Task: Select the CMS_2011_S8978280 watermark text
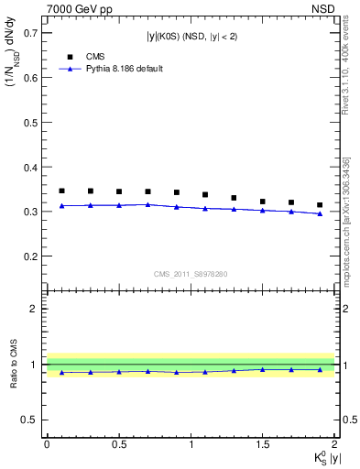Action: pos(191,274)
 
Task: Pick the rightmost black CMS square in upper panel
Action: pos(320,205)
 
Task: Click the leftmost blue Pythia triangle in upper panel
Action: pos(61,206)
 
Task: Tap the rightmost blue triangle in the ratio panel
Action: pos(320,370)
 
